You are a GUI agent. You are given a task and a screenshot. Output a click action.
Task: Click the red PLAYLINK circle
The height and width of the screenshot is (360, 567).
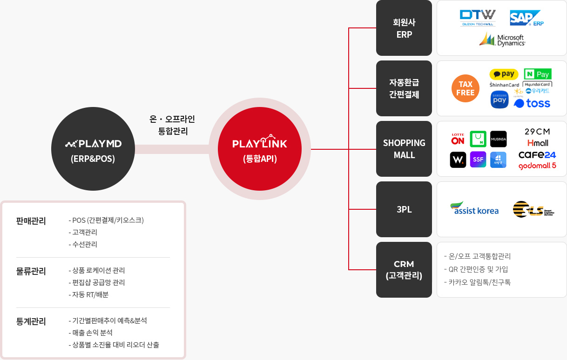(260, 149)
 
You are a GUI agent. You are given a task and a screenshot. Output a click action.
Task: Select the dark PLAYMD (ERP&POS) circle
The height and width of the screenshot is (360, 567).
(93, 149)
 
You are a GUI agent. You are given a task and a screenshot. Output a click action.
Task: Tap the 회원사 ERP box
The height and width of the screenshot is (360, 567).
(404, 28)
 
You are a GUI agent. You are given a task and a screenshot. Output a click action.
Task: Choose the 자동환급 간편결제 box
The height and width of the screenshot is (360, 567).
(404, 88)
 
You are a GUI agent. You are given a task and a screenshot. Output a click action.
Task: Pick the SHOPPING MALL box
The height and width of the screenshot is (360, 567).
(404, 149)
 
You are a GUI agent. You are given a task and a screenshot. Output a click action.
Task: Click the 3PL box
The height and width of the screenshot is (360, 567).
(404, 209)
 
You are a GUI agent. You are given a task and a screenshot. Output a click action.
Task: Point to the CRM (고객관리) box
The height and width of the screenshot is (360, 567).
(404, 270)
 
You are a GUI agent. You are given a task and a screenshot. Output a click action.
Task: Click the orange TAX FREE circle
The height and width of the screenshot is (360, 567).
(465, 88)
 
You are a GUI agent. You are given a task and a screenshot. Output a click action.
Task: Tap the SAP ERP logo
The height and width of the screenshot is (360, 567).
(526, 19)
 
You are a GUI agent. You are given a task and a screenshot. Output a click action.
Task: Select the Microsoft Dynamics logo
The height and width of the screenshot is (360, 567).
(502, 40)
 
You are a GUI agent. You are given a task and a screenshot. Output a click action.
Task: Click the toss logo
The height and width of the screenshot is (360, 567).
(532, 103)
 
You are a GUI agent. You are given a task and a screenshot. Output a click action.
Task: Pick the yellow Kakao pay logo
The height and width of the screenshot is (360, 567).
(504, 74)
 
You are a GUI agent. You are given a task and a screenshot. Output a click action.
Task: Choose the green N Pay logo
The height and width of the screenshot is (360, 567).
(537, 74)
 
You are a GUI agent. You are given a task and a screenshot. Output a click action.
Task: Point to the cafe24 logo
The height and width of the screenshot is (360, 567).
(537, 154)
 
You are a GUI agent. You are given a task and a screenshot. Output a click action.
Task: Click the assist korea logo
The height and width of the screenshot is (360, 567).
(474, 209)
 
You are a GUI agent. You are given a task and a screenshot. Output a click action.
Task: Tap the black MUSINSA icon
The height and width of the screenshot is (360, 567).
(498, 139)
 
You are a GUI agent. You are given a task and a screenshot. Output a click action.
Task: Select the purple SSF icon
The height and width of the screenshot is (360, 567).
(478, 160)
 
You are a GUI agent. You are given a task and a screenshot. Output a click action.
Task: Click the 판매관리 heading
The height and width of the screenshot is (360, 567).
(31, 221)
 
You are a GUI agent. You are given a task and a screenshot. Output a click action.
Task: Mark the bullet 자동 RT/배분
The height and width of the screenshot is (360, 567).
(90, 294)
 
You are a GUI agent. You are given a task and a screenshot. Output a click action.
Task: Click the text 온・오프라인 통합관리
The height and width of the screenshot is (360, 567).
(172, 125)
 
